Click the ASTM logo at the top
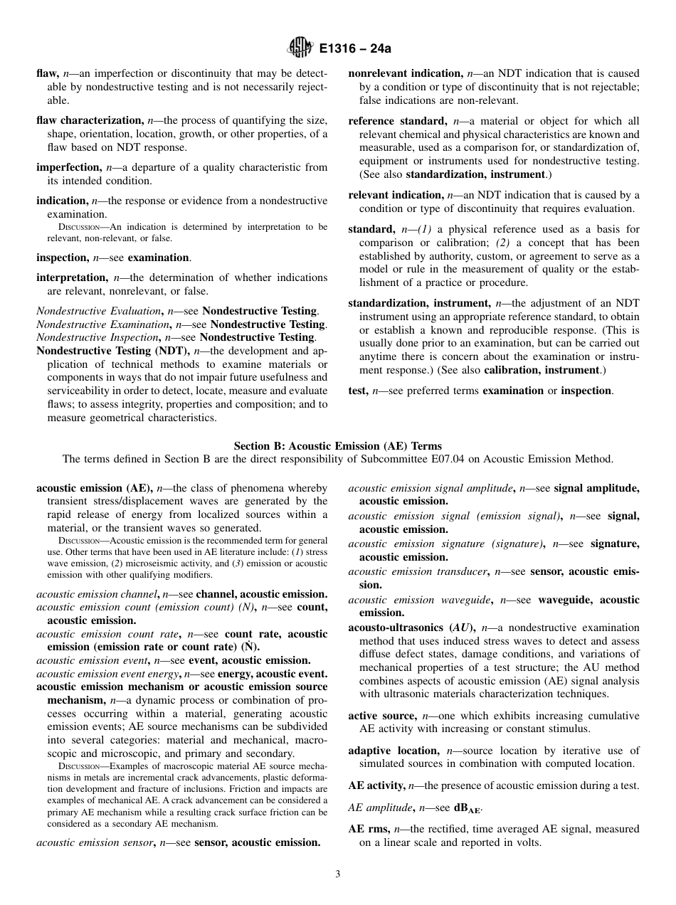(x=300, y=48)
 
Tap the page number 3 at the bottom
(x=338, y=874)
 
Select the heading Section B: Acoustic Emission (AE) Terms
(x=337, y=446)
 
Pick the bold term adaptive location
(x=393, y=750)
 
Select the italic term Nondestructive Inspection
(x=97, y=337)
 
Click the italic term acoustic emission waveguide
(x=419, y=600)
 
